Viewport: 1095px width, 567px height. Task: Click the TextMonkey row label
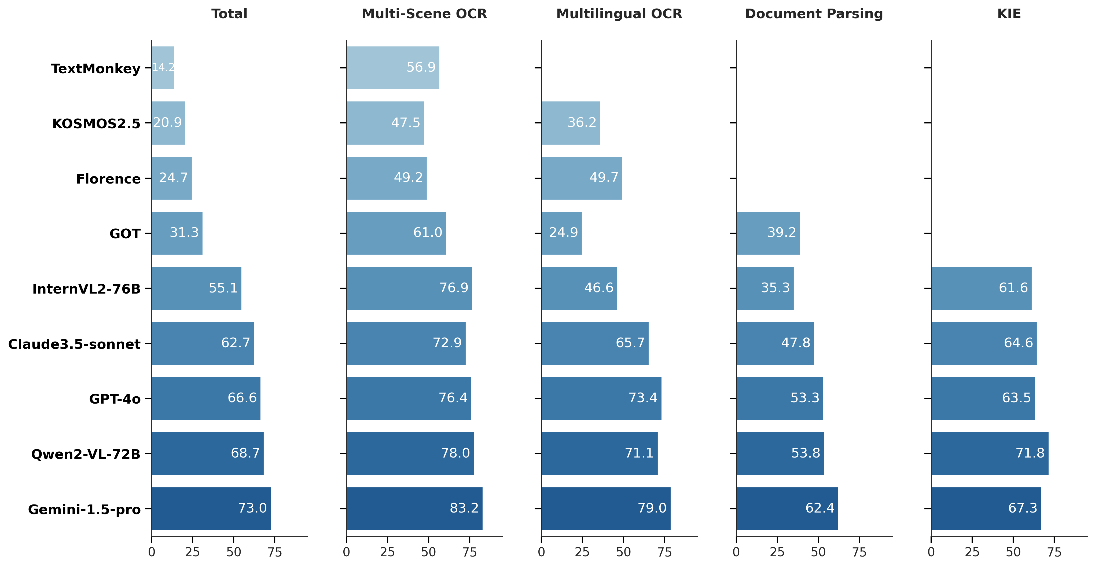(x=96, y=68)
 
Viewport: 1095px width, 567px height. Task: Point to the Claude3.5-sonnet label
(x=74, y=344)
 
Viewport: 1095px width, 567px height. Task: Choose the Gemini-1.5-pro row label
(x=84, y=509)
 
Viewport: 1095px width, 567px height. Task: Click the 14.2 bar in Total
(x=163, y=68)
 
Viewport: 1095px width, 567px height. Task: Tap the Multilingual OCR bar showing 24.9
(x=561, y=233)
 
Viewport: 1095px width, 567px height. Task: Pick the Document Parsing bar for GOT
(x=768, y=233)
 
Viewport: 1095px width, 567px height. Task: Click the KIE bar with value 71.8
(x=990, y=453)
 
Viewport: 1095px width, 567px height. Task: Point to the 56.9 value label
(x=421, y=67)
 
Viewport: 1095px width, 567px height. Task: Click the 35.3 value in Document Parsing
(x=775, y=288)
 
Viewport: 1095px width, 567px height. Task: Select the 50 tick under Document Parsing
(x=818, y=552)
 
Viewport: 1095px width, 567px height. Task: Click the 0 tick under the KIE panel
(x=931, y=552)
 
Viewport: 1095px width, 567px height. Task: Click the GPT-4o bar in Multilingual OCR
(x=601, y=398)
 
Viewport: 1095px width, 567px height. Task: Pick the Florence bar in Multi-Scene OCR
(x=386, y=178)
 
